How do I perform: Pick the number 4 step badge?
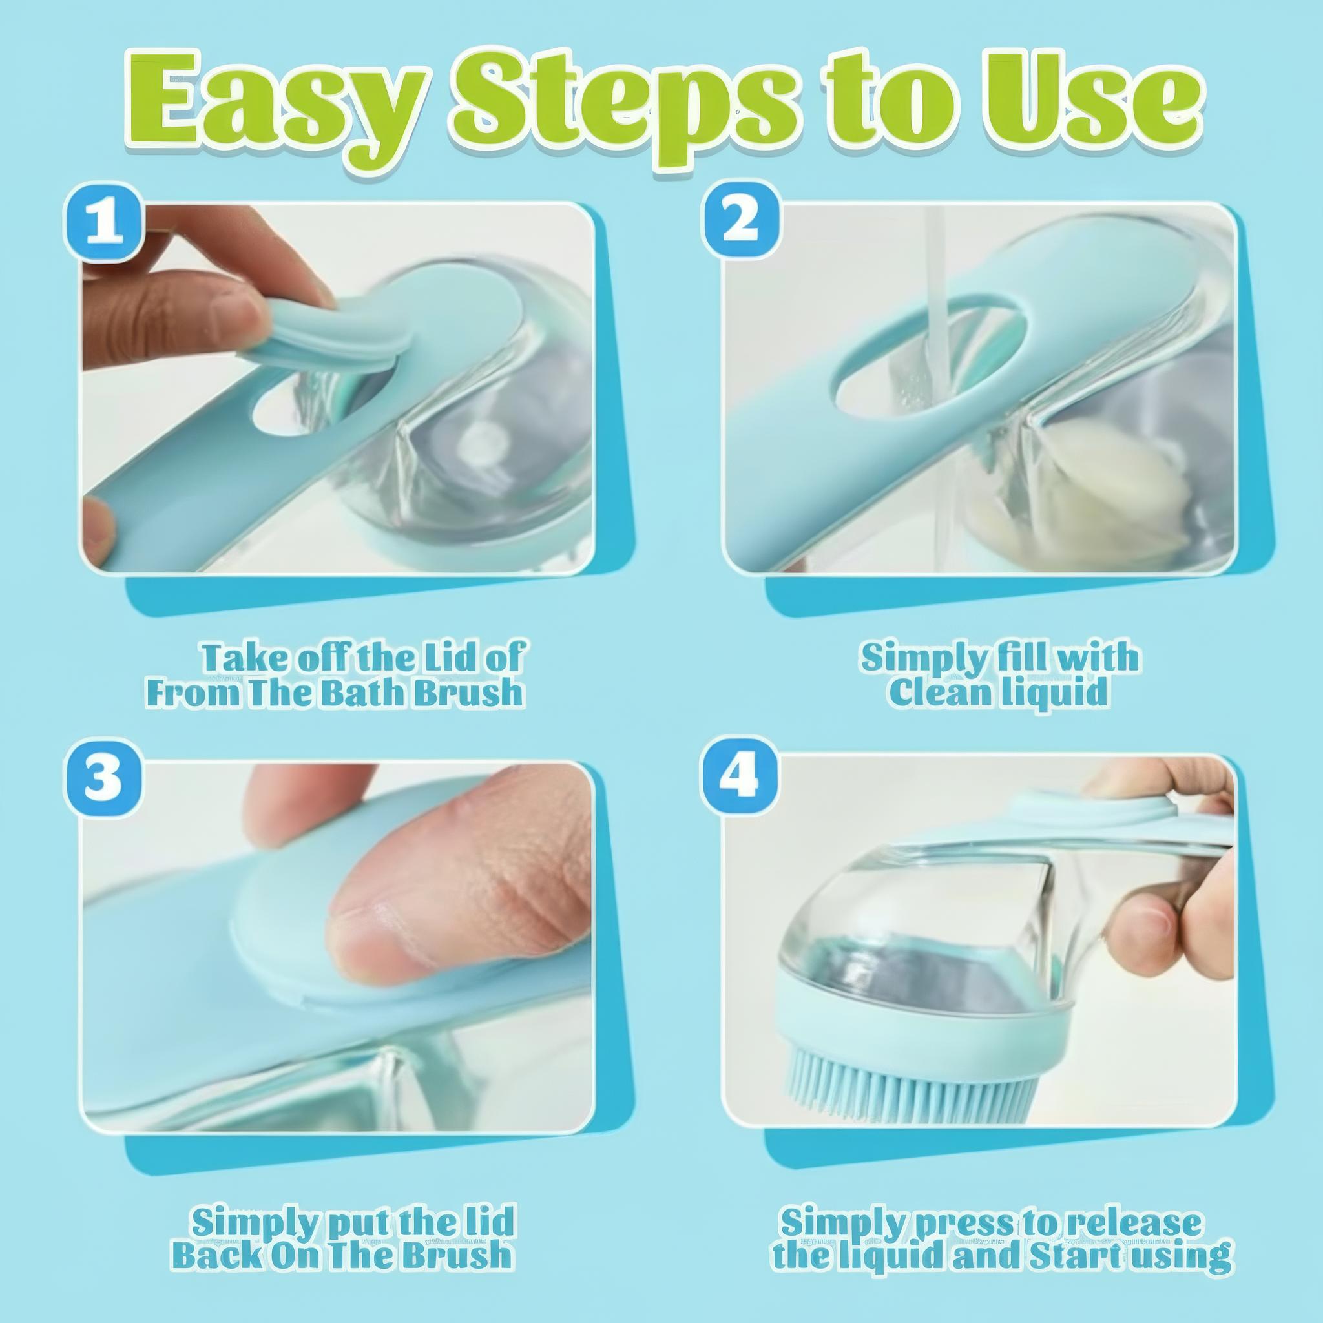742,779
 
